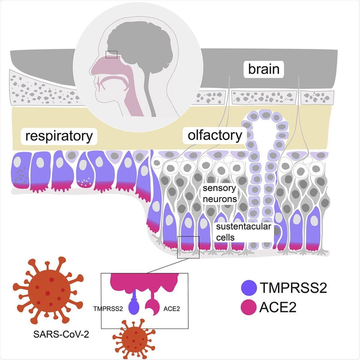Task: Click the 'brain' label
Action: tap(264, 69)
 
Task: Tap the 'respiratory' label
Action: tap(59, 136)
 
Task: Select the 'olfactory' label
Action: tap(215, 136)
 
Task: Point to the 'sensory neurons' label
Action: tap(220, 193)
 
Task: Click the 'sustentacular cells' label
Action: tap(243, 232)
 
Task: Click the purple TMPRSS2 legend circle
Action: tap(249, 288)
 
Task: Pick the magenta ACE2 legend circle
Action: tap(249, 308)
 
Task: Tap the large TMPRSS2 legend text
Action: tap(293, 288)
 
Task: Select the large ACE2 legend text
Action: tap(278, 308)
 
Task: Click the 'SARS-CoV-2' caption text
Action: tap(61, 334)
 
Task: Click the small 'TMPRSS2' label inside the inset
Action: tap(108, 309)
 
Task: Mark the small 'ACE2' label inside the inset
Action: tap(172, 309)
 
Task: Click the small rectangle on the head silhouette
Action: tap(111, 54)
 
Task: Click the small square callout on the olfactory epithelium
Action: tap(188, 247)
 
